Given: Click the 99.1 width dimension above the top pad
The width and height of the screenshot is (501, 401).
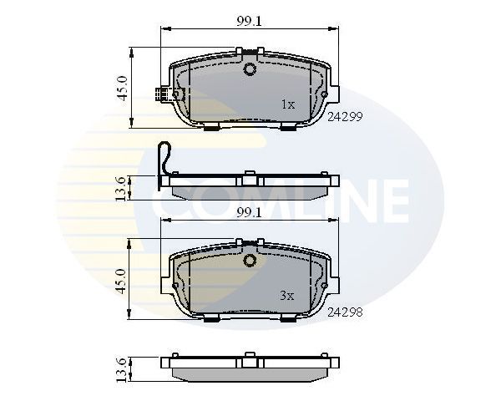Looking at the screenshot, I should point(249,23).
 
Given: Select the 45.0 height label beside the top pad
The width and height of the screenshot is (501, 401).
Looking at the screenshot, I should point(122,88).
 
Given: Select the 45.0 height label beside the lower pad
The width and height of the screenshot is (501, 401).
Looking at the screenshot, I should point(122,280).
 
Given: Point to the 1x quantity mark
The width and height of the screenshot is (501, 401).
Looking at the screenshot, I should point(288,104).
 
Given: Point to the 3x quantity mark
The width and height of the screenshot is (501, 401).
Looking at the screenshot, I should point(288,295).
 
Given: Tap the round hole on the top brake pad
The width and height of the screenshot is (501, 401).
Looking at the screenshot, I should point(250,69).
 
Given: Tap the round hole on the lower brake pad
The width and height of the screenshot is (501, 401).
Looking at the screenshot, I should point(250,261).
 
